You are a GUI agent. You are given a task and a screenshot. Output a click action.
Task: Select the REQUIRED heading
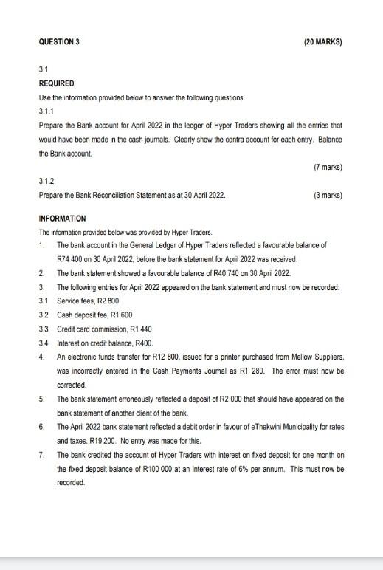[56, 83]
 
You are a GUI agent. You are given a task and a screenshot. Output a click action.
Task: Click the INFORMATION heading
[62, 219]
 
